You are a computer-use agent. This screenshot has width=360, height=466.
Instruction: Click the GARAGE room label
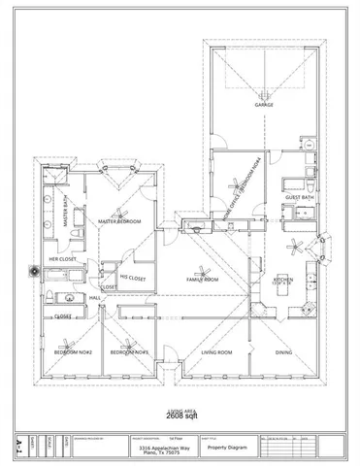point(263,105)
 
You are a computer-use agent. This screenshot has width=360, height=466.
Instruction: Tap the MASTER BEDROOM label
point(120,221)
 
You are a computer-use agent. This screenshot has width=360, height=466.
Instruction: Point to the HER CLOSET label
point(64,259)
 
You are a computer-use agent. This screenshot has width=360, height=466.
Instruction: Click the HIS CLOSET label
point(132,278)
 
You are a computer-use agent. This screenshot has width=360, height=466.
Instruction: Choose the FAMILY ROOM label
point(203,280)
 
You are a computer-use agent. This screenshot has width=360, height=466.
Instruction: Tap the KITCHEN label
point(283,278)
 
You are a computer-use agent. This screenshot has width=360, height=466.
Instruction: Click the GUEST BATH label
point(299,197)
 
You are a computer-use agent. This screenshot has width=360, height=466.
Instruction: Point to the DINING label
point(283,352)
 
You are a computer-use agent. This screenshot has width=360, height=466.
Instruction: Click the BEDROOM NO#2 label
point(72,352)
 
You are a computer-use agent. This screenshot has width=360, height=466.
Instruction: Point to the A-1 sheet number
point(20,448)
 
